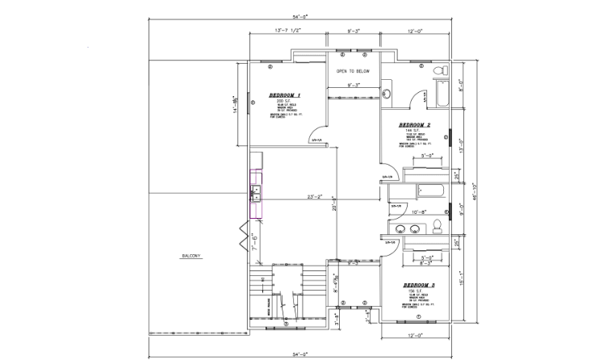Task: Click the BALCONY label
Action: (191, 257)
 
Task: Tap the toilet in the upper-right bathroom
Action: (439, 72)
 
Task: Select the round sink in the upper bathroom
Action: (386, 94)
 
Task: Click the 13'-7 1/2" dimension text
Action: (288, 31)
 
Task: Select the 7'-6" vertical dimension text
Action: (253, 240)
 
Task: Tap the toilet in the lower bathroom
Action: (437, 224)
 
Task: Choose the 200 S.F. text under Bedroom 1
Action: (282, 101)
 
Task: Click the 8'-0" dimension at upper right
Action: (461, 83)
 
